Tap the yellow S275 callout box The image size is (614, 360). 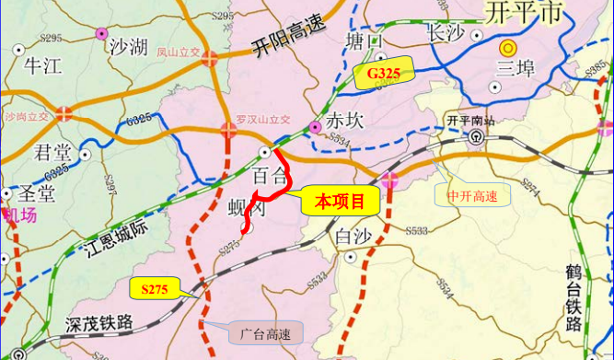[154, 289]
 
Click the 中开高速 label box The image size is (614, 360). [472, 195]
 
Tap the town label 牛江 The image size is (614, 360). [42, 65]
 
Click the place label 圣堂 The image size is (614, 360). [37, 193]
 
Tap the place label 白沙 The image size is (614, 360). [353, 237]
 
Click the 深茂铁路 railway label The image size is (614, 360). [100, 323]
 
